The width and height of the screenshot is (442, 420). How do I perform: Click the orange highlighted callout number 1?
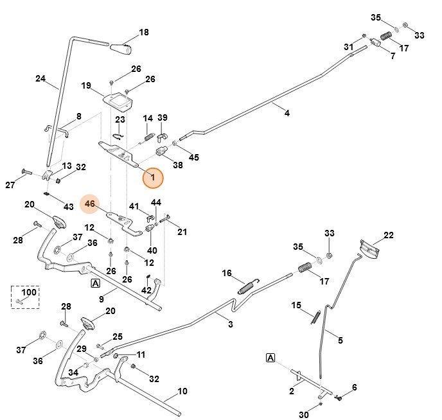point(153,177)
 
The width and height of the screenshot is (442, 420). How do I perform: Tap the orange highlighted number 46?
point(90,204)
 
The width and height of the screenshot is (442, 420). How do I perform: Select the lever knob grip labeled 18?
point(120,48)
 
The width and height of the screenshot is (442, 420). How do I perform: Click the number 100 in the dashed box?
point(30,292)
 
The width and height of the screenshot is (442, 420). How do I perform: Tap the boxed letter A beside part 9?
point(95,283)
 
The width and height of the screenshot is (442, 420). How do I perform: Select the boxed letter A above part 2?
point(270,358)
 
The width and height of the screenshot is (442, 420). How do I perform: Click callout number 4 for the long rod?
point(287,113)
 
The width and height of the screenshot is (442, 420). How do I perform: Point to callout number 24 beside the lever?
point(40,79)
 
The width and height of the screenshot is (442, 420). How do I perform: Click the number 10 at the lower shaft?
point(182,391)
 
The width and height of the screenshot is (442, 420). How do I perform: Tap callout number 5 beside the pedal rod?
point(340,340)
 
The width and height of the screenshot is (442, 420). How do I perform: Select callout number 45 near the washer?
point(193,157)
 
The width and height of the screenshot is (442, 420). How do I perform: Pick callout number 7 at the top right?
point(393,56)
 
